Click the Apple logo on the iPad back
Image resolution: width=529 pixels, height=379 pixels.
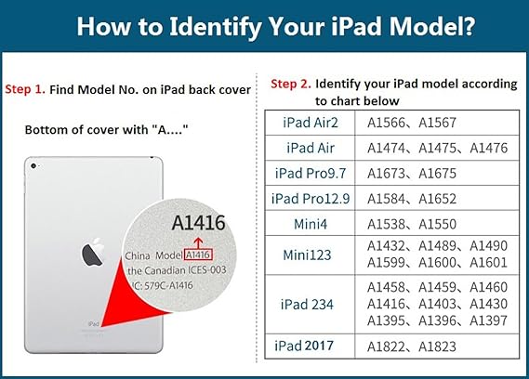click(93, 252)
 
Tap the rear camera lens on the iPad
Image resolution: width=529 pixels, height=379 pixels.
click(33, 166)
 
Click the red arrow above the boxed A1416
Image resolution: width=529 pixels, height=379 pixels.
click(198, 242)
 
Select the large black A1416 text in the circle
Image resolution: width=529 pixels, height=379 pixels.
click(198, 223)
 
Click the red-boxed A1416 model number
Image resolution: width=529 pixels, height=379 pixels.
click(198, 255)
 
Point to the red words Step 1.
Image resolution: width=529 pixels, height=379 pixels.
click(25, 89)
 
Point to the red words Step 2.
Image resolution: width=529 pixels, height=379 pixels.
click(291, 84)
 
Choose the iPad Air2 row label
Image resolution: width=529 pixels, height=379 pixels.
click(311, 123)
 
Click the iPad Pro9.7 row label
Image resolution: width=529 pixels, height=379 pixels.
click(311, 174)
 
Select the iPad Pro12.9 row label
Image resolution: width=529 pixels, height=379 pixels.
click(311, 199)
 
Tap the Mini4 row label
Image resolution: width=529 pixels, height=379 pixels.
click(311, 224)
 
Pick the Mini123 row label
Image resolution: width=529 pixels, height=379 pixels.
click(307, 255)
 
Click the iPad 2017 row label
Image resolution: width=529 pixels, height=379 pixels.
click(304, 346)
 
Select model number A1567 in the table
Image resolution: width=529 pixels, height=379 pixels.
click(437, 123)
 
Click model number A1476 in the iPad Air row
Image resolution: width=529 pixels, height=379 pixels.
click(488, 148)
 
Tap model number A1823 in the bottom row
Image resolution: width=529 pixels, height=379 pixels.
click(437, 346)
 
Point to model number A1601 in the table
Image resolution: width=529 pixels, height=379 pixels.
click(488, 262)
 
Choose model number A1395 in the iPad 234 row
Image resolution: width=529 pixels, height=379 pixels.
click(386, 320)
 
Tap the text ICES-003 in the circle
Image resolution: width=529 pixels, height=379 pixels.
click(206, 270)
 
